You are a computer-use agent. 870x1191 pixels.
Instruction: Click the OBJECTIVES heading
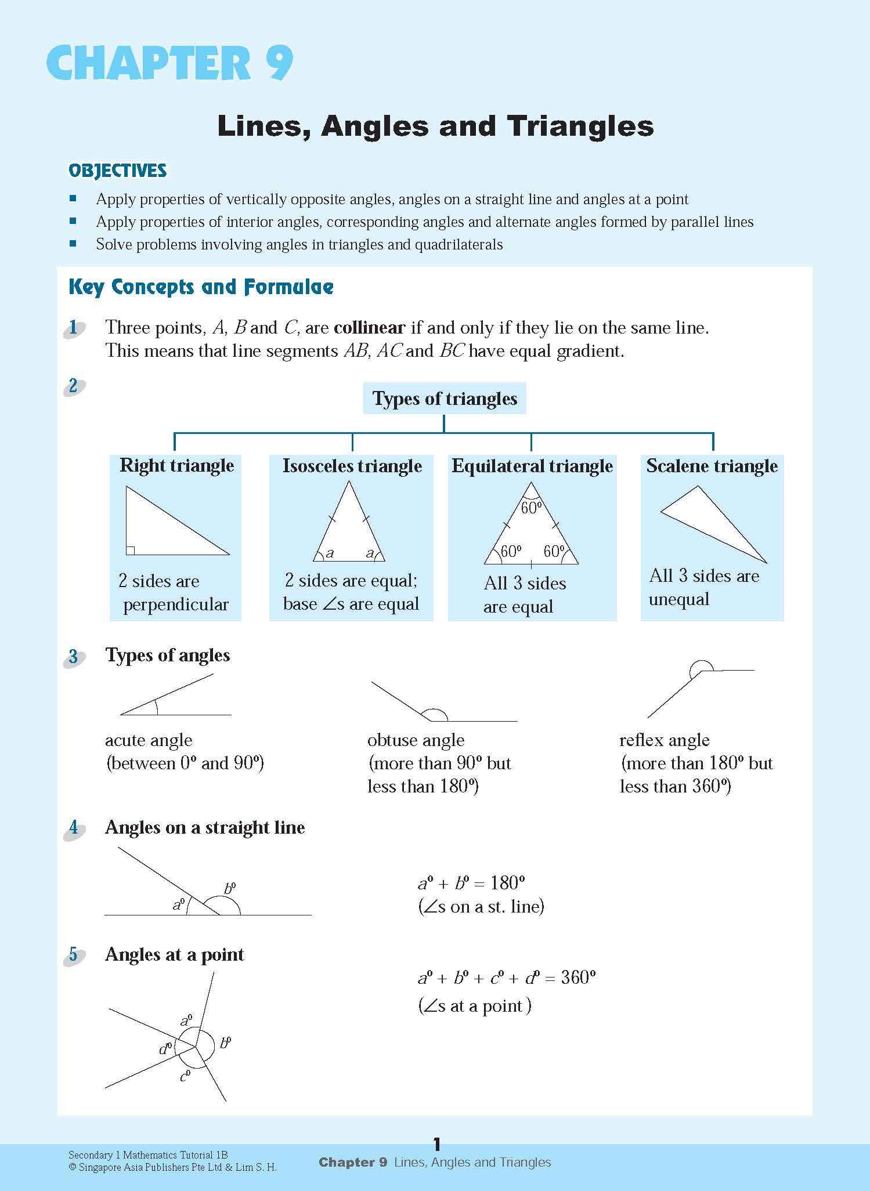tap(118, 171)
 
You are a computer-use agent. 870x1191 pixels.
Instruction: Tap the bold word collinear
tap(369, 327)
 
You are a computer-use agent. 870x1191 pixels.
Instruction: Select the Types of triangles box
tap(445, 399)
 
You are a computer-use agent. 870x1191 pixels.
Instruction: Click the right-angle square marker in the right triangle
tap(131, 550)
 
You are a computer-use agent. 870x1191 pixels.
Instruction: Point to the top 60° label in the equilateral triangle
tap(531, 508)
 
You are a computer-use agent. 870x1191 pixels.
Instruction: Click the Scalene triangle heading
tap(712, 466)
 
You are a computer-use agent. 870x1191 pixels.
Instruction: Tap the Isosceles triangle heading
tap(352, 466)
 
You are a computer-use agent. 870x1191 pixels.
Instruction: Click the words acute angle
tap(149, 740)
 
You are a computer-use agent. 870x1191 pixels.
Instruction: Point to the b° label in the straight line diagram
tap(230, 888)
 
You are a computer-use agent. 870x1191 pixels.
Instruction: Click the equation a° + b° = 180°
tap(471, 883)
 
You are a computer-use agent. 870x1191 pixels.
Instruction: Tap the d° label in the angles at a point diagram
tap(166, 1048)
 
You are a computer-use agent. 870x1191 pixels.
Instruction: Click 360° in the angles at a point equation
tap(579, 978)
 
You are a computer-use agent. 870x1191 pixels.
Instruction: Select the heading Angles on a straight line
tap(205, 827)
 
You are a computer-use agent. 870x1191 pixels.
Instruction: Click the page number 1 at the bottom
tap(437, 1144)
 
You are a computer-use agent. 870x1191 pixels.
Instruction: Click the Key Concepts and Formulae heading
tap(201, 287)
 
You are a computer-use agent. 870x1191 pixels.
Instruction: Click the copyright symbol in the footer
tap(73, 1167)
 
